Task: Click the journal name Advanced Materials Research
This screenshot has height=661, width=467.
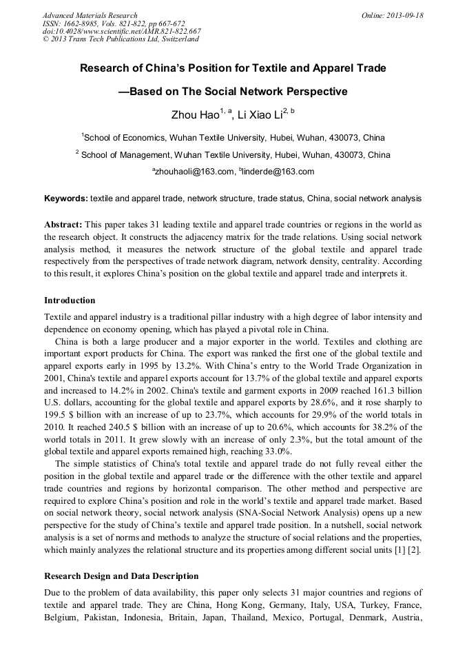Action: (90, 15)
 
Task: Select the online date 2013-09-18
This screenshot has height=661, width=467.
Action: (403, 15)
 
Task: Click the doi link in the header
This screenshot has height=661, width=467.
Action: (122, 31)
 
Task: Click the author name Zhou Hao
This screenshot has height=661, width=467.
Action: (194, 114)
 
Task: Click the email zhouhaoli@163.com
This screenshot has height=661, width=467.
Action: (193, 172)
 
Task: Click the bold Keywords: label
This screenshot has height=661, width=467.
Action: (66, 199)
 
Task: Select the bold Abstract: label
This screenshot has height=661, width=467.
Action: (63, 225)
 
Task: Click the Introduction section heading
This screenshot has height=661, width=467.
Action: (70, 301)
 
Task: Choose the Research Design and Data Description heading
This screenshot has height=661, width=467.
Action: (121, 576)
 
